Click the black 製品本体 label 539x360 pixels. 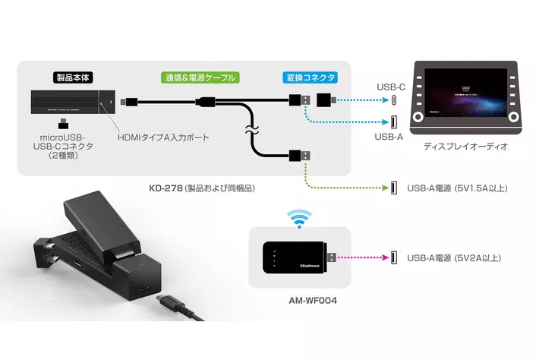[x=74, y=77]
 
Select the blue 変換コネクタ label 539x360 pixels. [x=310, y=77]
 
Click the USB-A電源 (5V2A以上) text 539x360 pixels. [x=454, y=258]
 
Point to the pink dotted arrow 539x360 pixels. [x=362, y=257]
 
